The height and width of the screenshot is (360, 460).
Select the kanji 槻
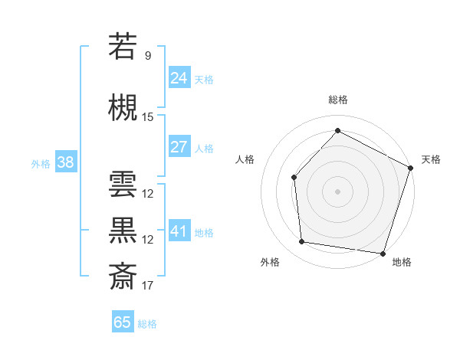pos(123,108)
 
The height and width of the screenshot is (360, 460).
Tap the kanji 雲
pos(123,185)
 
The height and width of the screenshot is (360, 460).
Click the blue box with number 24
pos(179,77)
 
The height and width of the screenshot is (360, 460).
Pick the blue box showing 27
pos(179,146)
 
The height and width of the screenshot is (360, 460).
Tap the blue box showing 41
pos(179,231)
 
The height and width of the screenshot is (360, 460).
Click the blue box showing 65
pos(123,322)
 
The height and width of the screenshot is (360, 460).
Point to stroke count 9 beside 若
pos(148,55)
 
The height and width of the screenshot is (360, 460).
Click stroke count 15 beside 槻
pos(148,117)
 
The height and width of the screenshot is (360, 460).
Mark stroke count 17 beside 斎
pos(148,286)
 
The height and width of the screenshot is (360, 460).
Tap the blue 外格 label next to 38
pos(41,163)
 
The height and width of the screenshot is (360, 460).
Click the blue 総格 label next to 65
pos(147,324)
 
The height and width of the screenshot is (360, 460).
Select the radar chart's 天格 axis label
pos(431,160)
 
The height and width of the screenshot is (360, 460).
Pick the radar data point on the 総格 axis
pos(337,130)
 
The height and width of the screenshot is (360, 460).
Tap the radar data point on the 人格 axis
pos(294,177)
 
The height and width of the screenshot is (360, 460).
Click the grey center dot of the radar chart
pos(337,191)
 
